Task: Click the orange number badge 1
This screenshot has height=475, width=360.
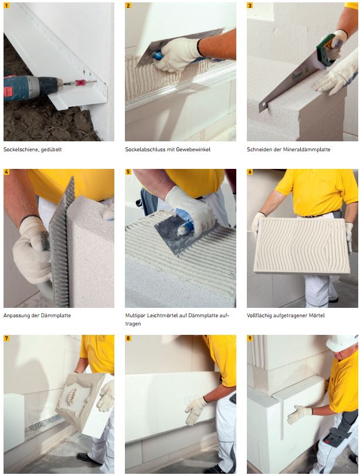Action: tap(6, 5)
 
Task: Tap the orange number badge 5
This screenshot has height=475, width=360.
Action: tap(128, 172)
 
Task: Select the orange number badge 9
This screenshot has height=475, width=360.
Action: tap(250, 338)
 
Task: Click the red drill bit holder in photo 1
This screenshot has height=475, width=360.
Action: tap(80, 83)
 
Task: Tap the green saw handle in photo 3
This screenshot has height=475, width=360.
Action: tap(326, 49)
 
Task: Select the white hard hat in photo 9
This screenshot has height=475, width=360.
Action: tap(342, 342)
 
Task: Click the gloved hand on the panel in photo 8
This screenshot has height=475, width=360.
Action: tap(195, 410)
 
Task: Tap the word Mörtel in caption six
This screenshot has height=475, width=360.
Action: tap(317, 315)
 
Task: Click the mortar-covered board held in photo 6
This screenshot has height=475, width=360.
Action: tap(302, 245)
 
